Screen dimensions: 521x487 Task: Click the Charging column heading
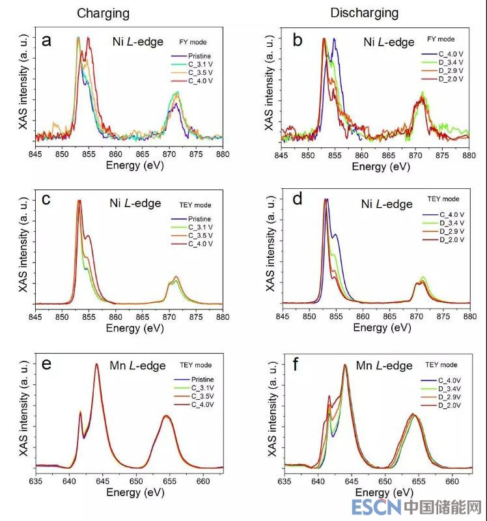click(103, 13)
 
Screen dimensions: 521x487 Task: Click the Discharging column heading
click(364, 13)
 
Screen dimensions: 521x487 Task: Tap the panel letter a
click(46, 41)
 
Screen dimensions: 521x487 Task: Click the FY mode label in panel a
click(195, 41)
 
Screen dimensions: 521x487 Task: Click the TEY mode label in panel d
click(443, 199)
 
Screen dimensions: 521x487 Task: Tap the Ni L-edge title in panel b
click(389, 42)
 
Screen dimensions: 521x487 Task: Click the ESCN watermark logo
click(372, 507)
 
